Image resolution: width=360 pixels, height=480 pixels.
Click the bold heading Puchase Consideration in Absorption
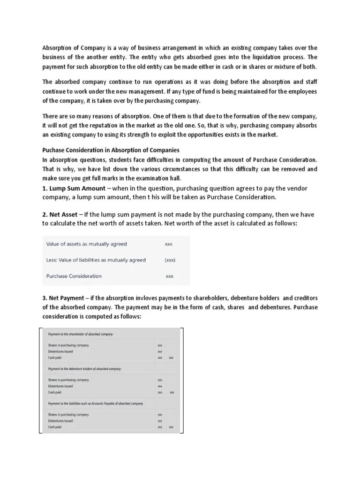tap(111, 150)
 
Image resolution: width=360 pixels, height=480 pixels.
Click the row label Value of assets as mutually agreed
tap(86, 244)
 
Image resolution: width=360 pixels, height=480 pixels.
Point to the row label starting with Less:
tap(96, 260)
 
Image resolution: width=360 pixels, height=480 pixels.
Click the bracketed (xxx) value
tap(170, 260)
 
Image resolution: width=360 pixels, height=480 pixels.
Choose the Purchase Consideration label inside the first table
tap(74, 276)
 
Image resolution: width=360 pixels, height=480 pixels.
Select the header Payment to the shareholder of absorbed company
tap(81, 334)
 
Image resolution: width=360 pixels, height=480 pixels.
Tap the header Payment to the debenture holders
tap(84, 369)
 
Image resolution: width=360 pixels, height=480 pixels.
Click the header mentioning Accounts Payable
tap(96, 404)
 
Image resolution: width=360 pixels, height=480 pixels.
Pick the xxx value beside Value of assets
tap(169, 244)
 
